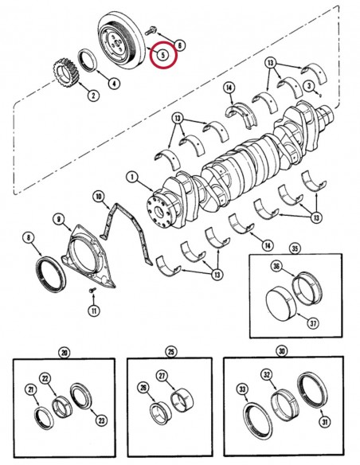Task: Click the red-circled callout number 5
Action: [x=162, y=55]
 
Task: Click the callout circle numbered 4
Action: [x=115, y=82]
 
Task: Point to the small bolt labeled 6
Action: [x=152, y=31]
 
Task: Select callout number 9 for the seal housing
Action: [x=59, y=218]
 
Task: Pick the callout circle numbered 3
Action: [x=307, y=85]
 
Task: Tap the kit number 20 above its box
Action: [x=65, y=352]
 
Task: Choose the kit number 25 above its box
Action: [x=170, y=351]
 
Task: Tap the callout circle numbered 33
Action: [x=241, y=389]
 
